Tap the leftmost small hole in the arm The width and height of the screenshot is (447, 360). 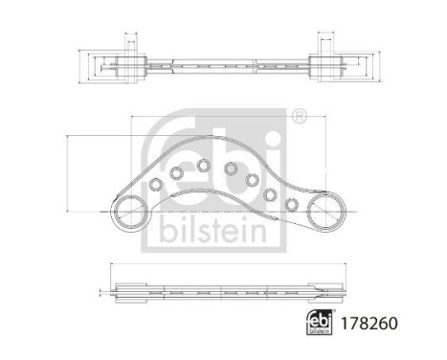point(155,183)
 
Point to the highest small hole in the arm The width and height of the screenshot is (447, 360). point(203,165)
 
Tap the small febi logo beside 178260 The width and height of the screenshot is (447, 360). point(323,326)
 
